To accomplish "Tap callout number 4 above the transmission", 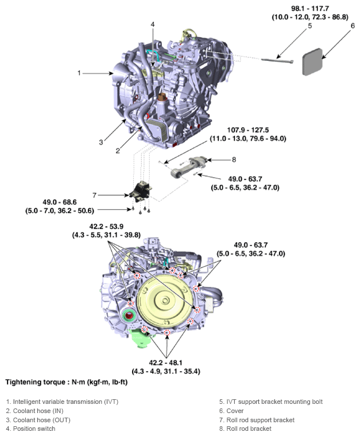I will (x=153, y=24).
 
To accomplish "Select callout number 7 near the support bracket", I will (x=95, y=194).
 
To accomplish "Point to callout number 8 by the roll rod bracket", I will (x=234, y=160).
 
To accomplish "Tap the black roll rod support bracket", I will (x=140, y=193).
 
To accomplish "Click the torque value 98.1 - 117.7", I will (x=308, y=9).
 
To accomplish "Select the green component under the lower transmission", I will (x=141, y=339).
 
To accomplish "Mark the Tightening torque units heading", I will (x=63, y=381).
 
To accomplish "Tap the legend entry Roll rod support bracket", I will (x=256, y=420).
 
